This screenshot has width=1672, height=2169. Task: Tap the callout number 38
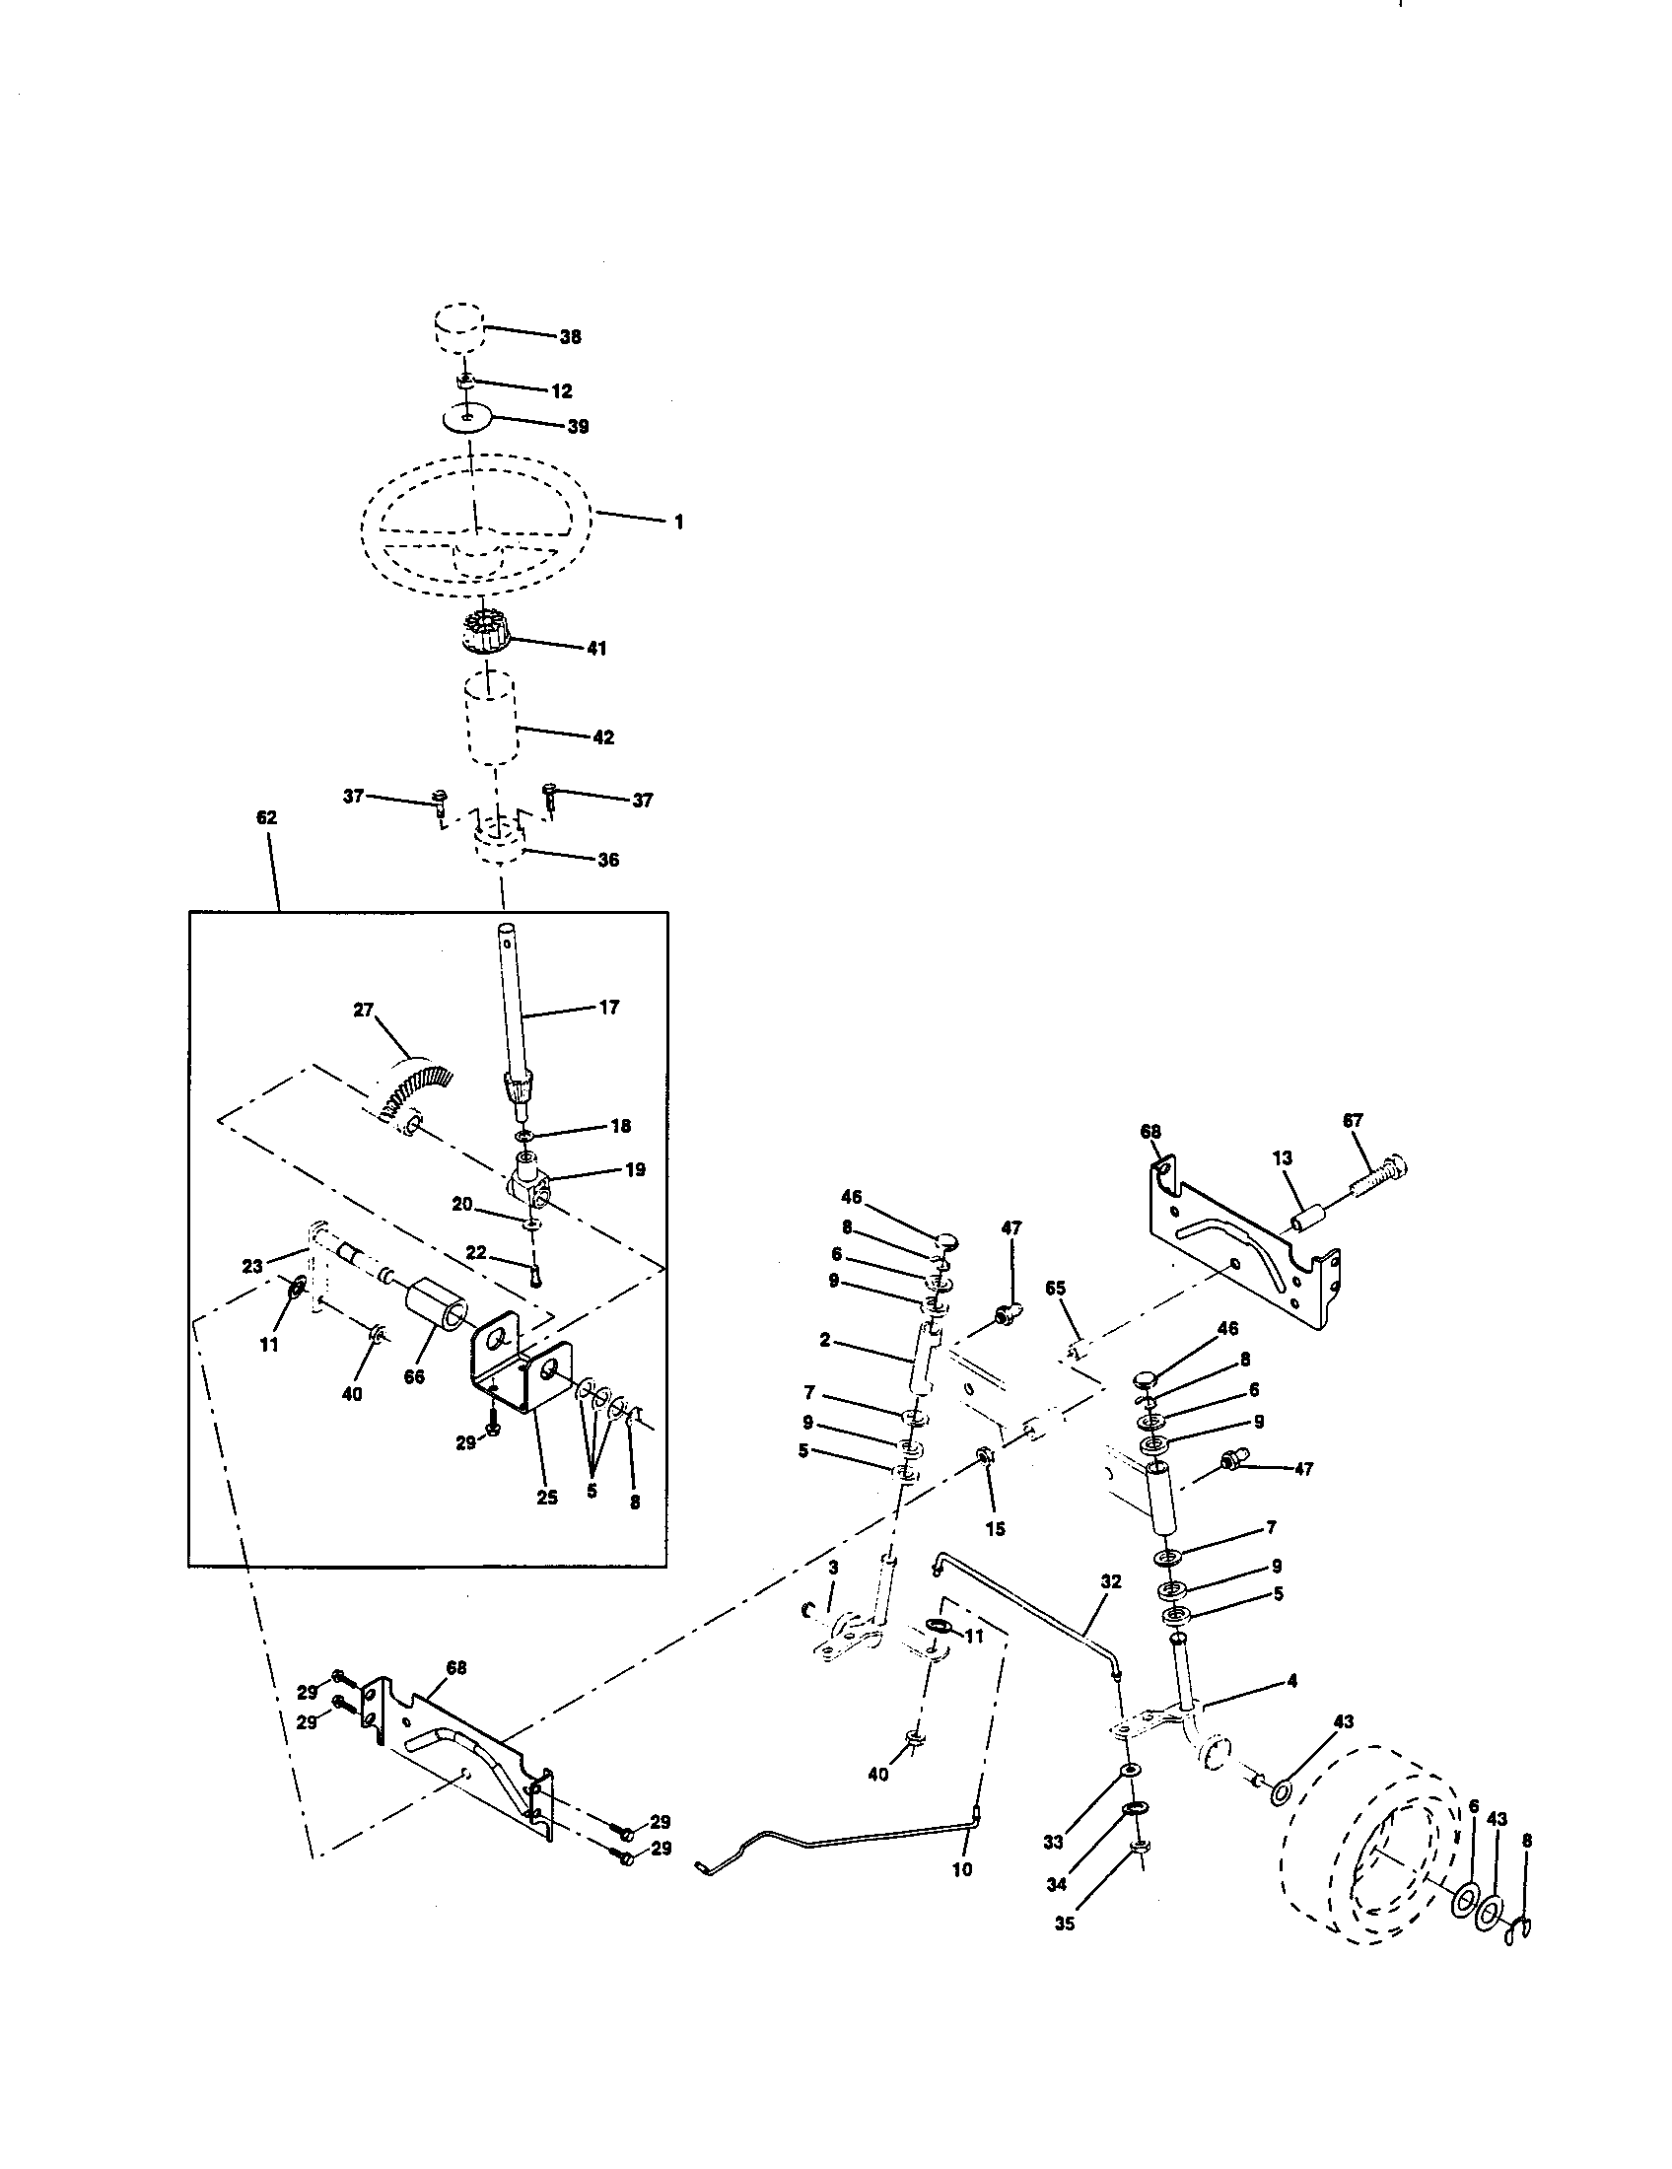570,336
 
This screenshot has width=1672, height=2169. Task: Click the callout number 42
602,736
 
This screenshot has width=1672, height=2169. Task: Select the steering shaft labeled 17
513,1003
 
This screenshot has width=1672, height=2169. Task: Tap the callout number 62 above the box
266,817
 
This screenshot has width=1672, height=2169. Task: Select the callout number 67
1353,1120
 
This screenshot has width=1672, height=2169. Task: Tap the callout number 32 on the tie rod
1111,1580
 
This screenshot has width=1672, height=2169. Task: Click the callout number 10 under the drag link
962,1868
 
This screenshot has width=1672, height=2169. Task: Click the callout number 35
1064,1923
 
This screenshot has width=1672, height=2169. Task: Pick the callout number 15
995,1528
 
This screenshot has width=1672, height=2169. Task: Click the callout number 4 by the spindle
1291,1680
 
